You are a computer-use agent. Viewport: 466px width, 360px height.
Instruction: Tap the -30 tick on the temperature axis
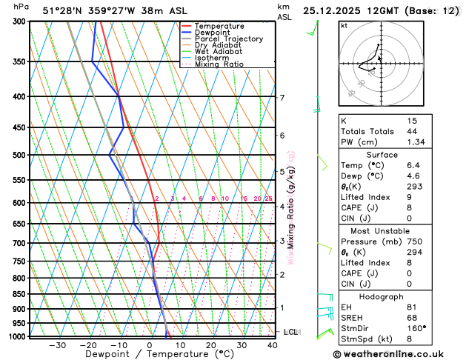pos(57,345)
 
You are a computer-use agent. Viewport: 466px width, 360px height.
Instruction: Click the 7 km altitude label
pos(282,98)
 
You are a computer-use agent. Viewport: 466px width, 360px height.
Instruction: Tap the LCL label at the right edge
pos(291,332)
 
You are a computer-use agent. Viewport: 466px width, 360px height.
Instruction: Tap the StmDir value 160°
pos(416,328)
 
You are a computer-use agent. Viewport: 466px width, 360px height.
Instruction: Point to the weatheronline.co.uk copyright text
pos(399,353)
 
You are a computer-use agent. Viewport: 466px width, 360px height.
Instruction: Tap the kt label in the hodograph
pos(344,26)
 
